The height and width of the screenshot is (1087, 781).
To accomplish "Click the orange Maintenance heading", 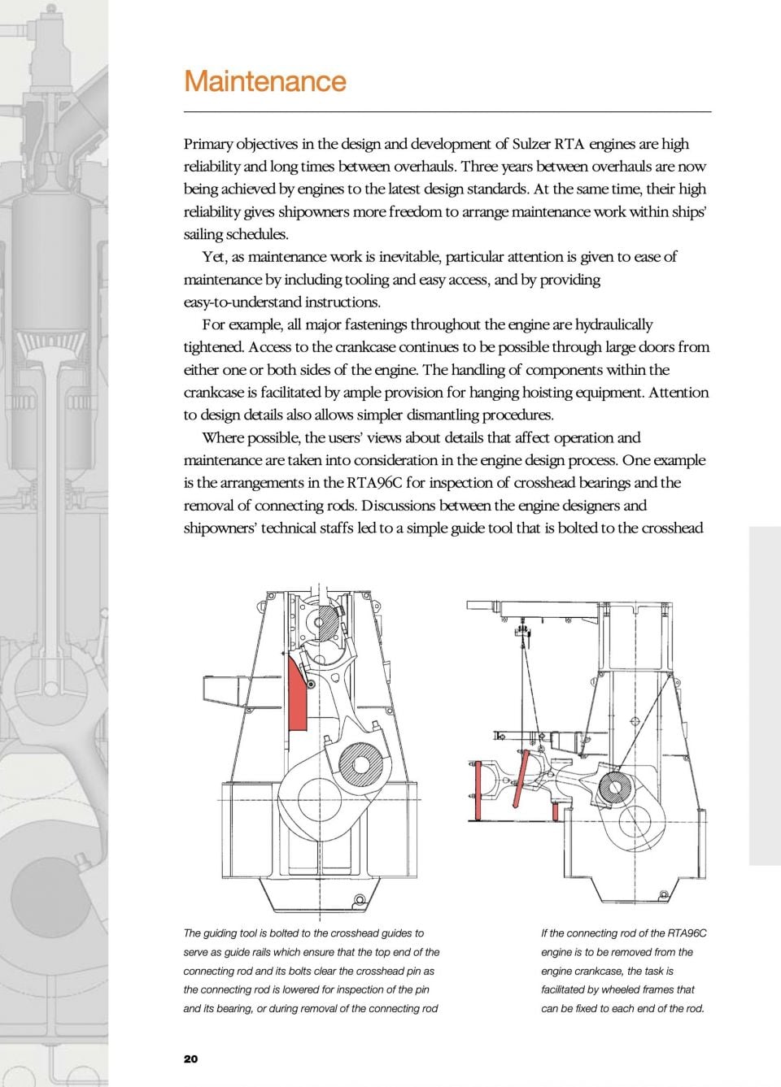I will click(265, 81).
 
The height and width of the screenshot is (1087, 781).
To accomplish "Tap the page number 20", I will click(191, 1059).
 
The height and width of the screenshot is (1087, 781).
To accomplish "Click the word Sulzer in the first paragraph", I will click(532, 145).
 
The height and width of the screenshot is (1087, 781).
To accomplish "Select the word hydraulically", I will click(613, 325).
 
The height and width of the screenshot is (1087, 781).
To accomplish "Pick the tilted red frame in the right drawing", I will click(521, 780).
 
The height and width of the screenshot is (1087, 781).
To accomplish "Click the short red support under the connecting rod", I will click(555, 811).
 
